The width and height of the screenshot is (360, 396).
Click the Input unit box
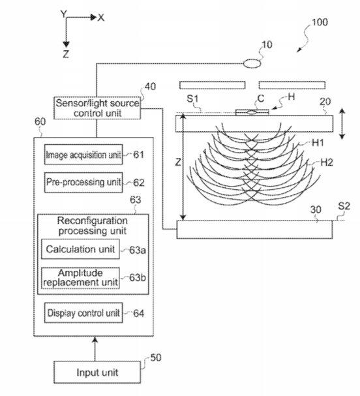97,372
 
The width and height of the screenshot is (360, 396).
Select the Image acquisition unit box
83,155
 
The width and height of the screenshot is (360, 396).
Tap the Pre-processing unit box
83,182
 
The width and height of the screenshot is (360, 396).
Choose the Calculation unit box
80,249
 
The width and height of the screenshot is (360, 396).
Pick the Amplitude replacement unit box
80,278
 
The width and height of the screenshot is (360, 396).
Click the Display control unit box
83,312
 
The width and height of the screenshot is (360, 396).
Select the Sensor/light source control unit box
97,108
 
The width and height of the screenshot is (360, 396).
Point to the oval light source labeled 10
252,63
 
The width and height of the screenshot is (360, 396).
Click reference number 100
320,22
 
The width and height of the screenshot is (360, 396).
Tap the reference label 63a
138,250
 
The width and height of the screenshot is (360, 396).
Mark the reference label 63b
138,277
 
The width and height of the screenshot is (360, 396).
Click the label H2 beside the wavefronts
327,162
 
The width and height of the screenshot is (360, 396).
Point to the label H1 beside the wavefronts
318,143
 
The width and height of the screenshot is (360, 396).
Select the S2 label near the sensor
344,206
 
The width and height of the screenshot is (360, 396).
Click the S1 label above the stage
192,99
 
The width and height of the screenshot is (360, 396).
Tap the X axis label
101,18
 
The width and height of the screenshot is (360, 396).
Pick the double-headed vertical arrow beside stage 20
342,124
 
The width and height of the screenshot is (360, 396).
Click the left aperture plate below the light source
213,85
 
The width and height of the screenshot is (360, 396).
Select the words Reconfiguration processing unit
93,226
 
